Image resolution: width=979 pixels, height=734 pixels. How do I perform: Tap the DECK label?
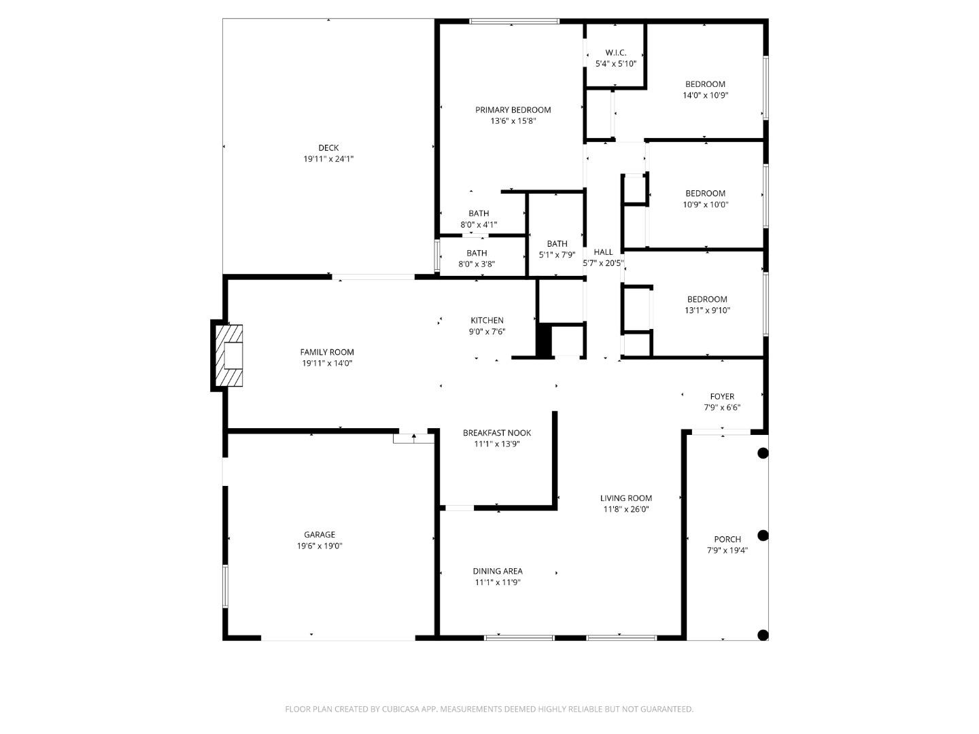pyautogui.click(x=328, y=148)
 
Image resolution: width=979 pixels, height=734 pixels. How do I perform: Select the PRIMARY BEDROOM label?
pyautogui.click(x=513, y=110)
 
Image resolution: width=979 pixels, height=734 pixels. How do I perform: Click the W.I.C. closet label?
pyautogui.click(x=615, y=53)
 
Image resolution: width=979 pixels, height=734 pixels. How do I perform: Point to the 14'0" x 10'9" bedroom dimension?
pyautogui.click(x=705, y=96)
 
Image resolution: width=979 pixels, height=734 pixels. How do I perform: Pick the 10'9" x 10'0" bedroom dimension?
pyautogui.click(x=705, y=205)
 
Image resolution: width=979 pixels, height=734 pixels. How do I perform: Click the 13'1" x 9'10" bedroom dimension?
pyautogui.click(x=707, y=311)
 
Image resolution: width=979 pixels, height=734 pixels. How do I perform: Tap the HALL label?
pyautogui.click(x=603, y=252)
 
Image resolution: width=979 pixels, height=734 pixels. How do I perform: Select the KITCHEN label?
pyautogui.click(x=487, y=321)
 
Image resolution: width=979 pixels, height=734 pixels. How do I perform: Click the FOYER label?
pyautogui.click(x=722, y=397)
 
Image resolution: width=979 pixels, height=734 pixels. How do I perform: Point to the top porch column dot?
pyautogui.click(x=763, y=453)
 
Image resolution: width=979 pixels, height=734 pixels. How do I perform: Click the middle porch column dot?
pyautogui.click(x=763, y=536)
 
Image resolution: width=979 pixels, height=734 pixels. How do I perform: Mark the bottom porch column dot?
pyautogui.click(x=763, y=635)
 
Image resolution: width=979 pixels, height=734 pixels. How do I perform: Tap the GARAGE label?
pyautogui.click(x=320, y=535)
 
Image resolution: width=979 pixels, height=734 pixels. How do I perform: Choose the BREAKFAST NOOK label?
pyautogui.click(x=497, y=433)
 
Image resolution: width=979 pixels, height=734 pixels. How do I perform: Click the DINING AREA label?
pyautogui.click(x=498, y=572)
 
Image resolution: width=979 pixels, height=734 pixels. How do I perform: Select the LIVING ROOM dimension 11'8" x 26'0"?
pyautogui.click(x=626, y=509)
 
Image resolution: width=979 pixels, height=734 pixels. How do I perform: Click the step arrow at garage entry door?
pyautogui.click(x=413, y=437)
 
